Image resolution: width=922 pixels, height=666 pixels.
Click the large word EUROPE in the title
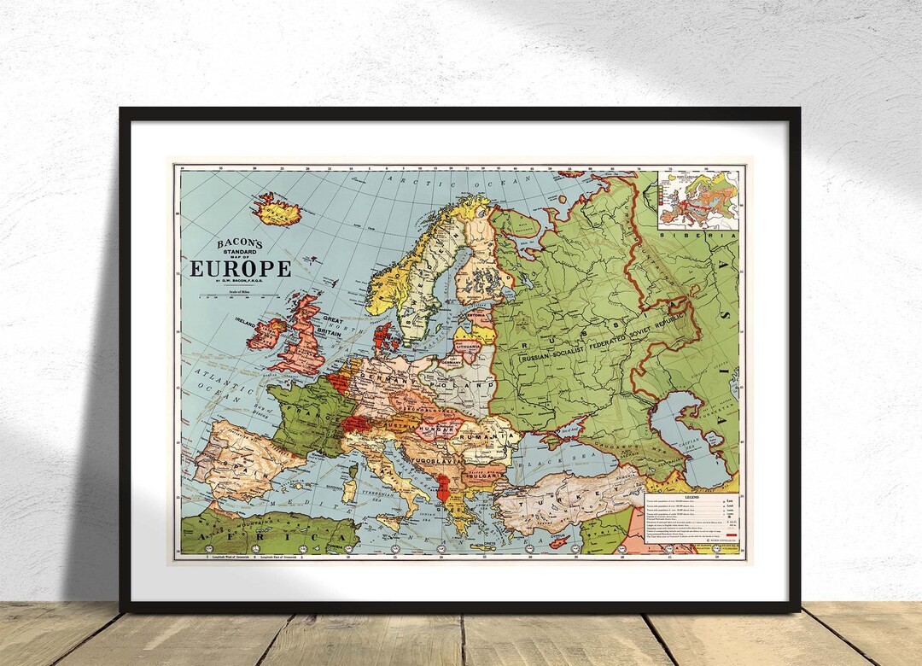[240, 269]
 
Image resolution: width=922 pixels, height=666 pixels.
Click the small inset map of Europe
[699, 197]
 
